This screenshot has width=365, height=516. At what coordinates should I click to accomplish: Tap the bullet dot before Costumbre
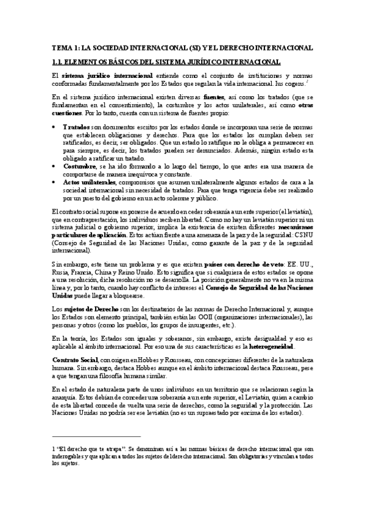[55, 166]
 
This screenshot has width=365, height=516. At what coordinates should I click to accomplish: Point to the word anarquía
[64, 397]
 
